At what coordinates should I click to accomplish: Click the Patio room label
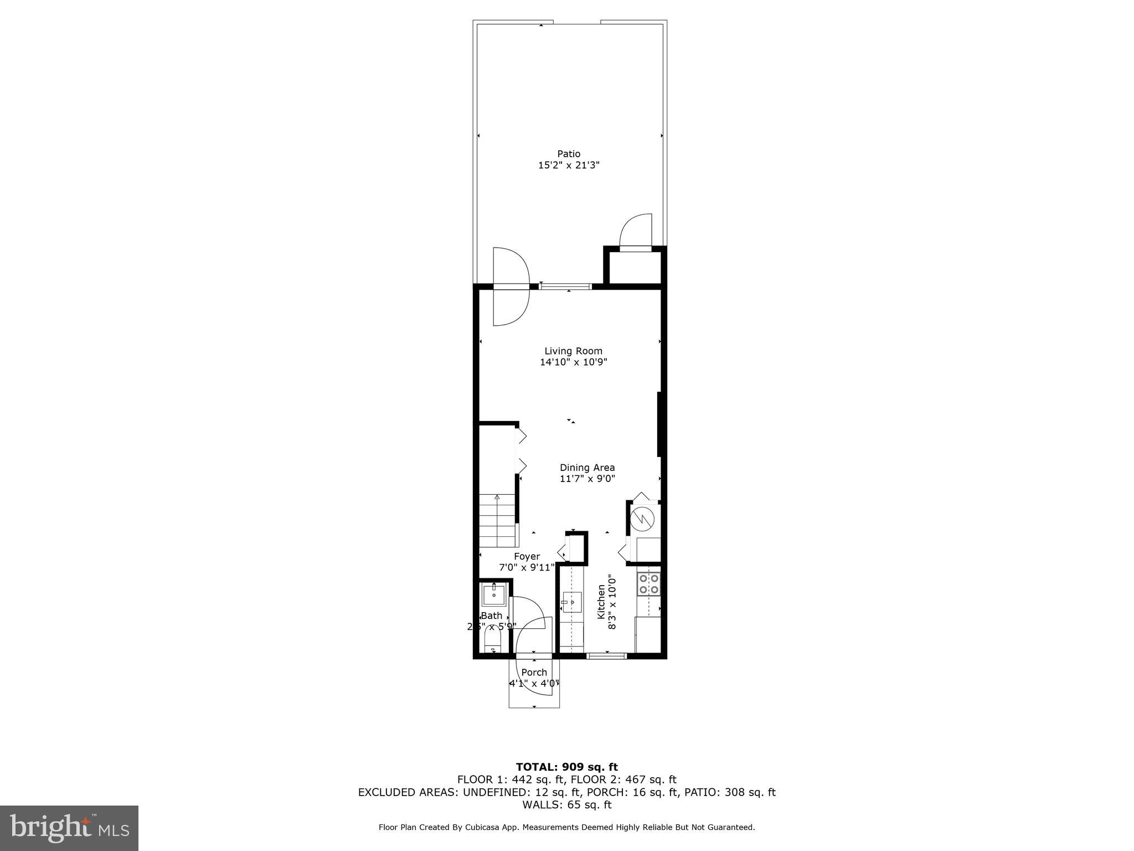coord(569,153)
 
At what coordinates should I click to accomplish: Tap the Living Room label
coord(573,351)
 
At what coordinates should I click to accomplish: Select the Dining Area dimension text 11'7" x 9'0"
coord(587,479)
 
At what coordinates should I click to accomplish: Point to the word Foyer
coord(527,556)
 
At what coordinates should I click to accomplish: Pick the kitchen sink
coord(571,602)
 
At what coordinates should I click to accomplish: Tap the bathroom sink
coord(493,594)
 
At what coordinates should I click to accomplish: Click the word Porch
coord(534,672)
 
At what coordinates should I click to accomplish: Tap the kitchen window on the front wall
coord(606,656)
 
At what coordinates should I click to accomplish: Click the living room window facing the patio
coord(565,286)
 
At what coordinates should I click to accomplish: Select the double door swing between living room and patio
coord(511,286)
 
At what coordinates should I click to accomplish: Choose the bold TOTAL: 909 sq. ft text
coord(566,767)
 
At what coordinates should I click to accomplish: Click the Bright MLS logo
coord(69,828)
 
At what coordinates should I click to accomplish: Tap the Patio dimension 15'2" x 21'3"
coord(569,165)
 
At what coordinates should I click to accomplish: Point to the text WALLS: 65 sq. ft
coord(566,804)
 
